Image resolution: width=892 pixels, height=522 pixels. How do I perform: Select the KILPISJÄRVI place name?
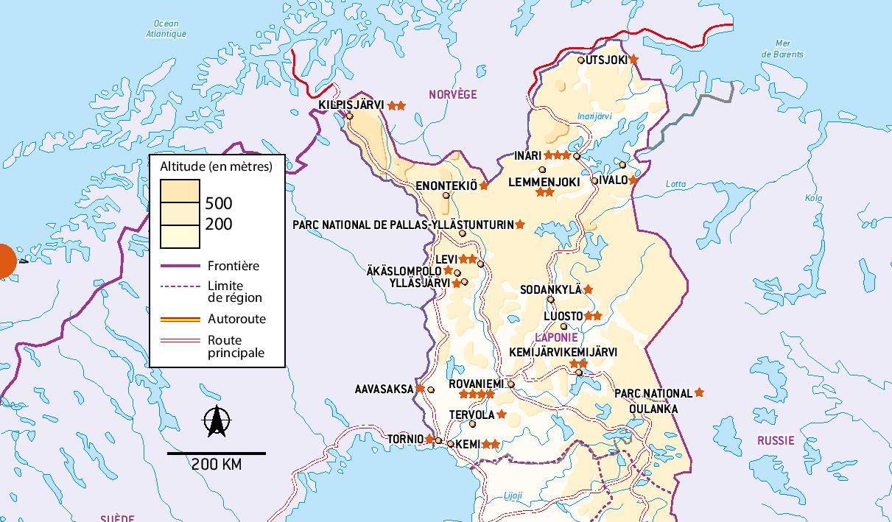(351, 105)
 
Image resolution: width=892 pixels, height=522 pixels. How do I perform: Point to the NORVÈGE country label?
(453, 94)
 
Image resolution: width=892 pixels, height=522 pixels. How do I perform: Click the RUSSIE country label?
(776, 440)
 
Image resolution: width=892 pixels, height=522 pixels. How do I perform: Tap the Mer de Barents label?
(782, 49)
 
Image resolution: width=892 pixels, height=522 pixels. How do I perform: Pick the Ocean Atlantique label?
(166, 29)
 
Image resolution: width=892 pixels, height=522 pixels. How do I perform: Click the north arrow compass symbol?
(216, 422)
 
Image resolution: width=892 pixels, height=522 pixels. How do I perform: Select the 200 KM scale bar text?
(217, 465)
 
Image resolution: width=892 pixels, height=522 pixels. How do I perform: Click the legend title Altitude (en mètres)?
(216, 166)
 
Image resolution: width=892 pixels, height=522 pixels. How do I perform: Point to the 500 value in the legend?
(219, 204)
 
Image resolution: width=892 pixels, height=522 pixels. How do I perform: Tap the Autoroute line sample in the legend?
(180, 320)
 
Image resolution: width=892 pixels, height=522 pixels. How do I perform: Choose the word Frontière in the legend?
(233, 266)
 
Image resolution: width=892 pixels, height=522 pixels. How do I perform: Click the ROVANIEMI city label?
(476, 384)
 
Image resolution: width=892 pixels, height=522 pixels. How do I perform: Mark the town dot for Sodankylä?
(550, 299)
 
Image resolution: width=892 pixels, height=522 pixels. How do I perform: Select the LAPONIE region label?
(556, 337)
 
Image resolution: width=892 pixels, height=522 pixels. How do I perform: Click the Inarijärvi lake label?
(594, 116)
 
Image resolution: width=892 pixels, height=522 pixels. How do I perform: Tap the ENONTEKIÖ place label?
(446, 186)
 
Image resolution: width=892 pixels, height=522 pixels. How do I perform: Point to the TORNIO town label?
(405, 440)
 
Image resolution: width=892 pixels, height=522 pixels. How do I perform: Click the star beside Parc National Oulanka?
(699, 393)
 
